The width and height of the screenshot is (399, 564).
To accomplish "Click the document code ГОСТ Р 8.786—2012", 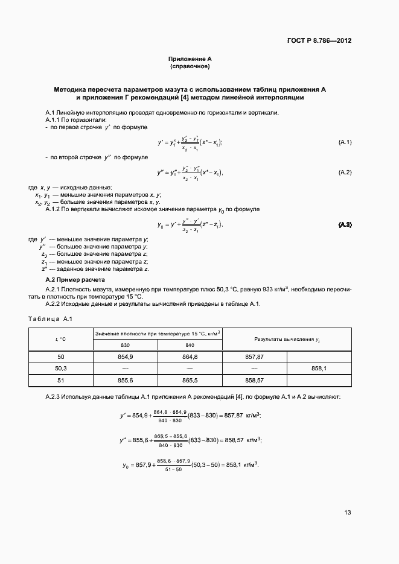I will tap(319, 41).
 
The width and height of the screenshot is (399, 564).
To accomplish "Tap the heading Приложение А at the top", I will tap(190, 59).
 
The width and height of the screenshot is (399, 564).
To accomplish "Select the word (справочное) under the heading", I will tap(190, 66).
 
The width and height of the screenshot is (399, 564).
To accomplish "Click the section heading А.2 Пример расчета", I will tap(75, 280).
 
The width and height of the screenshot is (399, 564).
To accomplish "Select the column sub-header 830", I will tap(125, 345).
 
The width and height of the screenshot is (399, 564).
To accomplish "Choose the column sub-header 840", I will tap(190, 345).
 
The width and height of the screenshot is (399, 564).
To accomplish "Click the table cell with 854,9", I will tap(125, 357).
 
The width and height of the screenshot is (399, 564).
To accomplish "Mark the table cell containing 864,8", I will tap(190, 357).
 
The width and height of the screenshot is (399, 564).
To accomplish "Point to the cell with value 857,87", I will tap(254, 357).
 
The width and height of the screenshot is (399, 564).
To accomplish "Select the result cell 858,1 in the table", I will tap(319, 368).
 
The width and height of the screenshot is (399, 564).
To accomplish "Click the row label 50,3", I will tap(61, 368).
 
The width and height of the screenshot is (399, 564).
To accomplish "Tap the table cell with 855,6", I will tap(125, 381).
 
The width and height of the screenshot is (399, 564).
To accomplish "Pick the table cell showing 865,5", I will tap(190, 381).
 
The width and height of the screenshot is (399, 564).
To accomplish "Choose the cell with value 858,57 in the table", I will tap(254, 381).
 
